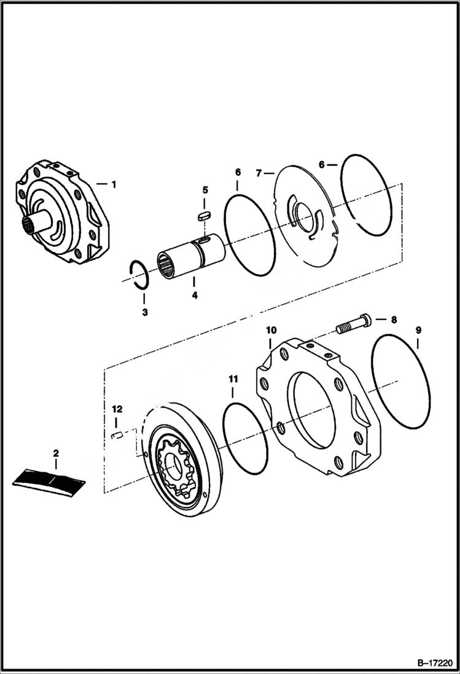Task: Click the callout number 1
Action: coord(113,183)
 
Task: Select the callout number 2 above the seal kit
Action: coord(56,453)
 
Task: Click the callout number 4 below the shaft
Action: coord(194,296)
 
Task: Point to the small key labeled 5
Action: coord(206,215)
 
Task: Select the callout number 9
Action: coord(418,331)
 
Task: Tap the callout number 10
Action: coord(271,331)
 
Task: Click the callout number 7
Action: coord(259,173)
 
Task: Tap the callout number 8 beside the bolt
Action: coord(394,319)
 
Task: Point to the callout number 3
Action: coord(144,312)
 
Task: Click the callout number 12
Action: coord(117,409)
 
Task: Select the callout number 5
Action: coord(206,190)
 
